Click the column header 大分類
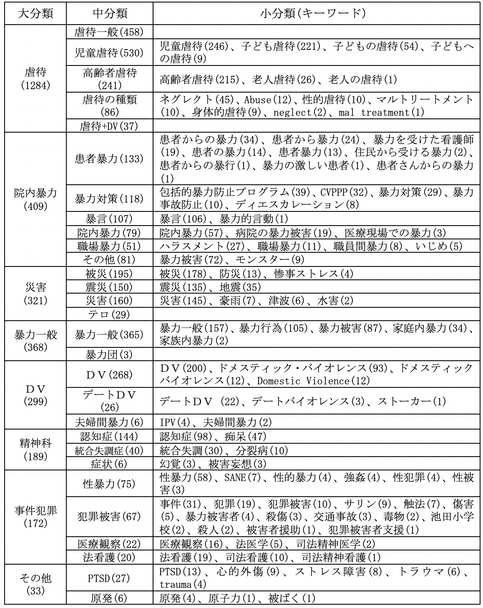35,14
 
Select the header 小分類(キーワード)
317,14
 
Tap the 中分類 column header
110,14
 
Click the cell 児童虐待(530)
110,53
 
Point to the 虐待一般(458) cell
110,32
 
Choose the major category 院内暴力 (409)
35,199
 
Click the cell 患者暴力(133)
110,158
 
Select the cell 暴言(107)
110,219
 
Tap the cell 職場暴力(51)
110,246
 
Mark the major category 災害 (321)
35,293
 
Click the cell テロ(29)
110,314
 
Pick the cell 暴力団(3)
110,354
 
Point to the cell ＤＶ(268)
110,374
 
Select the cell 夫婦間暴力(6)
110,422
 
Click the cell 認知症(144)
110,437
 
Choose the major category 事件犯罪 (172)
35,517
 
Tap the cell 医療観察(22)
110,544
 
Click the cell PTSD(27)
110,578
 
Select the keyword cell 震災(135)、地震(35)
317,287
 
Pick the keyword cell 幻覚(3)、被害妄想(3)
317,464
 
